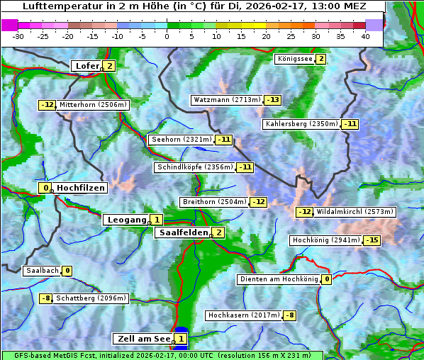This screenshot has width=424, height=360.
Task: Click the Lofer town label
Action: pyautogui.click(x=87, y=66)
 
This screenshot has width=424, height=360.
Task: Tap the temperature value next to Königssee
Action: pyautogui.click(x=320, y=59)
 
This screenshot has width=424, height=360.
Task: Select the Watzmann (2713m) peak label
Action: pyautogui.click(x=227, y=100)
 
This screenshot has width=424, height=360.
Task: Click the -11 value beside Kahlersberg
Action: pyautogui.click(x=350, y=124)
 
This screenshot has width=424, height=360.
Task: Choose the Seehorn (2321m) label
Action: pyautogui.click(x=181, y=140)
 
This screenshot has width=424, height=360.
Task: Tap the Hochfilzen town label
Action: pyautogui.click(x=81, y=188)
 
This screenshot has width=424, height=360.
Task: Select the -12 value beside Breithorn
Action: pyautogui.click(x=258, y=202)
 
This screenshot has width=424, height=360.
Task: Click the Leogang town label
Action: pyautogui.click(x=126, y=220)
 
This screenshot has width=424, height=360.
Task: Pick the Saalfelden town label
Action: pyautogui.click(x=183, y=232)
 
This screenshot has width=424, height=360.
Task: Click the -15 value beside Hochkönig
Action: pyautogui.click(x=372, y=240)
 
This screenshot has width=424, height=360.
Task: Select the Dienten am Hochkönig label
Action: pyautogui.click(x=278, y=279)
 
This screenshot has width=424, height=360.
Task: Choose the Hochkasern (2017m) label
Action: pyautogui.click(x=244, y=315)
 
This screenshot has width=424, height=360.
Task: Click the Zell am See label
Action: pyautogui.click(x=143, y=339)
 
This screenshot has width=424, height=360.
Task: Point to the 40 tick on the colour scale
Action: pyautogui.click(x=365, y=36)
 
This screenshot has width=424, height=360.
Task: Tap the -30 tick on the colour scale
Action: pyautogui.click(x=18, y=36)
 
